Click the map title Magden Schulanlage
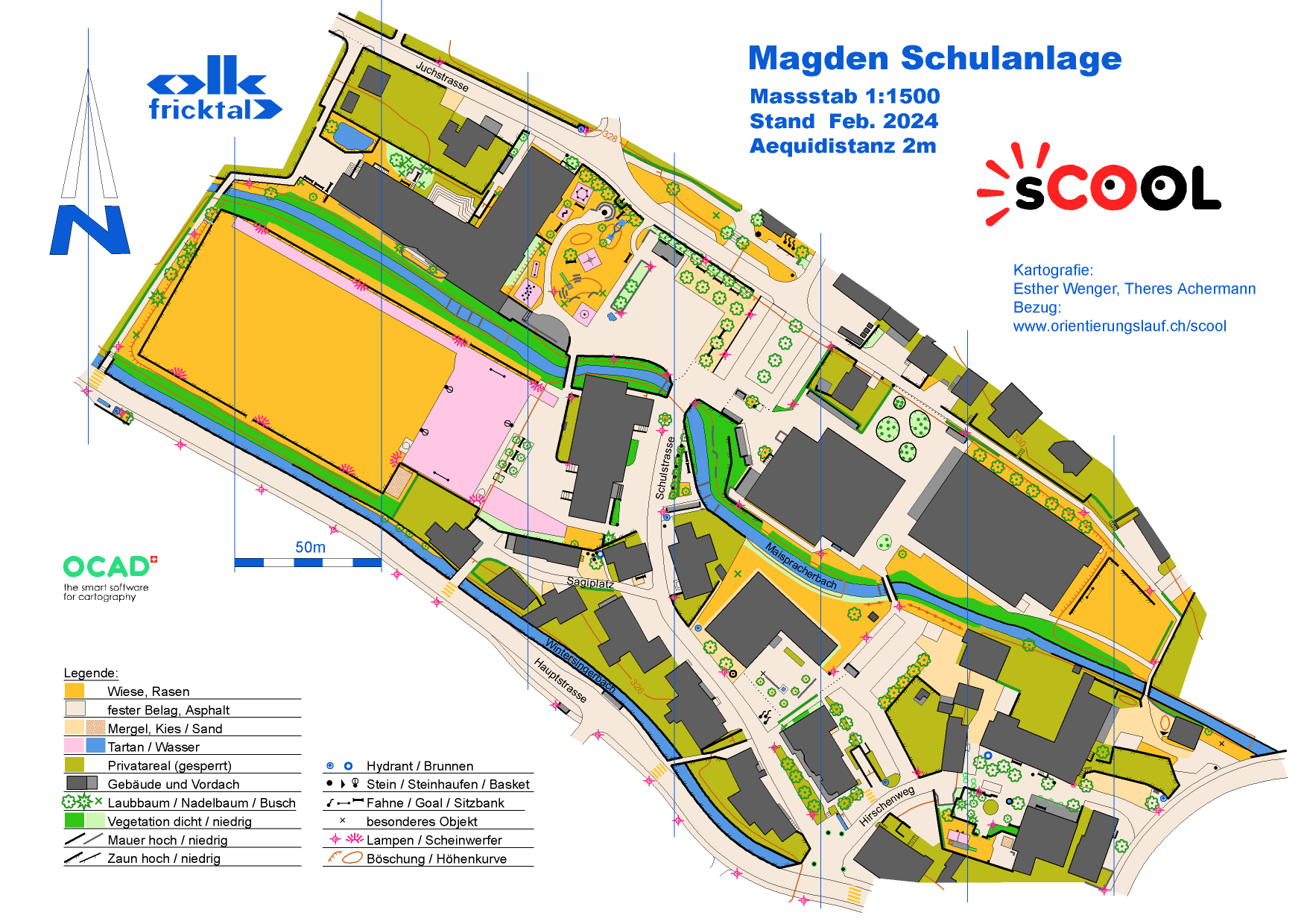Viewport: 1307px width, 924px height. pyautogui.click(x=934, y=59)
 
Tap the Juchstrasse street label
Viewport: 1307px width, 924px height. pyautogui.click(x=442, y=77)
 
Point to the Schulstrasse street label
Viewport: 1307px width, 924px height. pyautogui.click(x=665, y=468)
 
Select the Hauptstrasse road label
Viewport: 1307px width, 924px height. pyautogui.click(x=560, y=680)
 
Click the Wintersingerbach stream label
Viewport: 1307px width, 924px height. pyautogui.click(x=580, y=665)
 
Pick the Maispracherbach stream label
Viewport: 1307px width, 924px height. pyautogui.click(x=801, y=567)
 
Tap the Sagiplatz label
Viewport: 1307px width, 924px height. pyautogui.click(x=590, y=582)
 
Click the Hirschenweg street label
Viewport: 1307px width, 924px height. pyautogui.click(x=887, y=806)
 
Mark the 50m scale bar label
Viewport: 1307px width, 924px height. pyautogui.click(x=310, y=548)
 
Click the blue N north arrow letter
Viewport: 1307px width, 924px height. pyautogui.click(x=90, y=230)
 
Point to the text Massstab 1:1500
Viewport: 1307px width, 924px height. pyautogui.click(x=844, y=97)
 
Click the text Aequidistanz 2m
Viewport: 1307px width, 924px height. pyautogui.click(x=842, y=146)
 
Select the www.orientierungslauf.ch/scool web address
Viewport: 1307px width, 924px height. pyautogui.click(x=1119, y=326)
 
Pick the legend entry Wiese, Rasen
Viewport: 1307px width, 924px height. pyautogui.click(x=148, y=692)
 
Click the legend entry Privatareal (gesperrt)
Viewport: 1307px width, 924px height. pyautogui.click(x=169, y=765)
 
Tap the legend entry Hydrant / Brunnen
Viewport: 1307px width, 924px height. pyautogui.click(x=420, y=766)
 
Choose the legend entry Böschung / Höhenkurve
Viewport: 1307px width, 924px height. pyautogui.click(x=436, y=858)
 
